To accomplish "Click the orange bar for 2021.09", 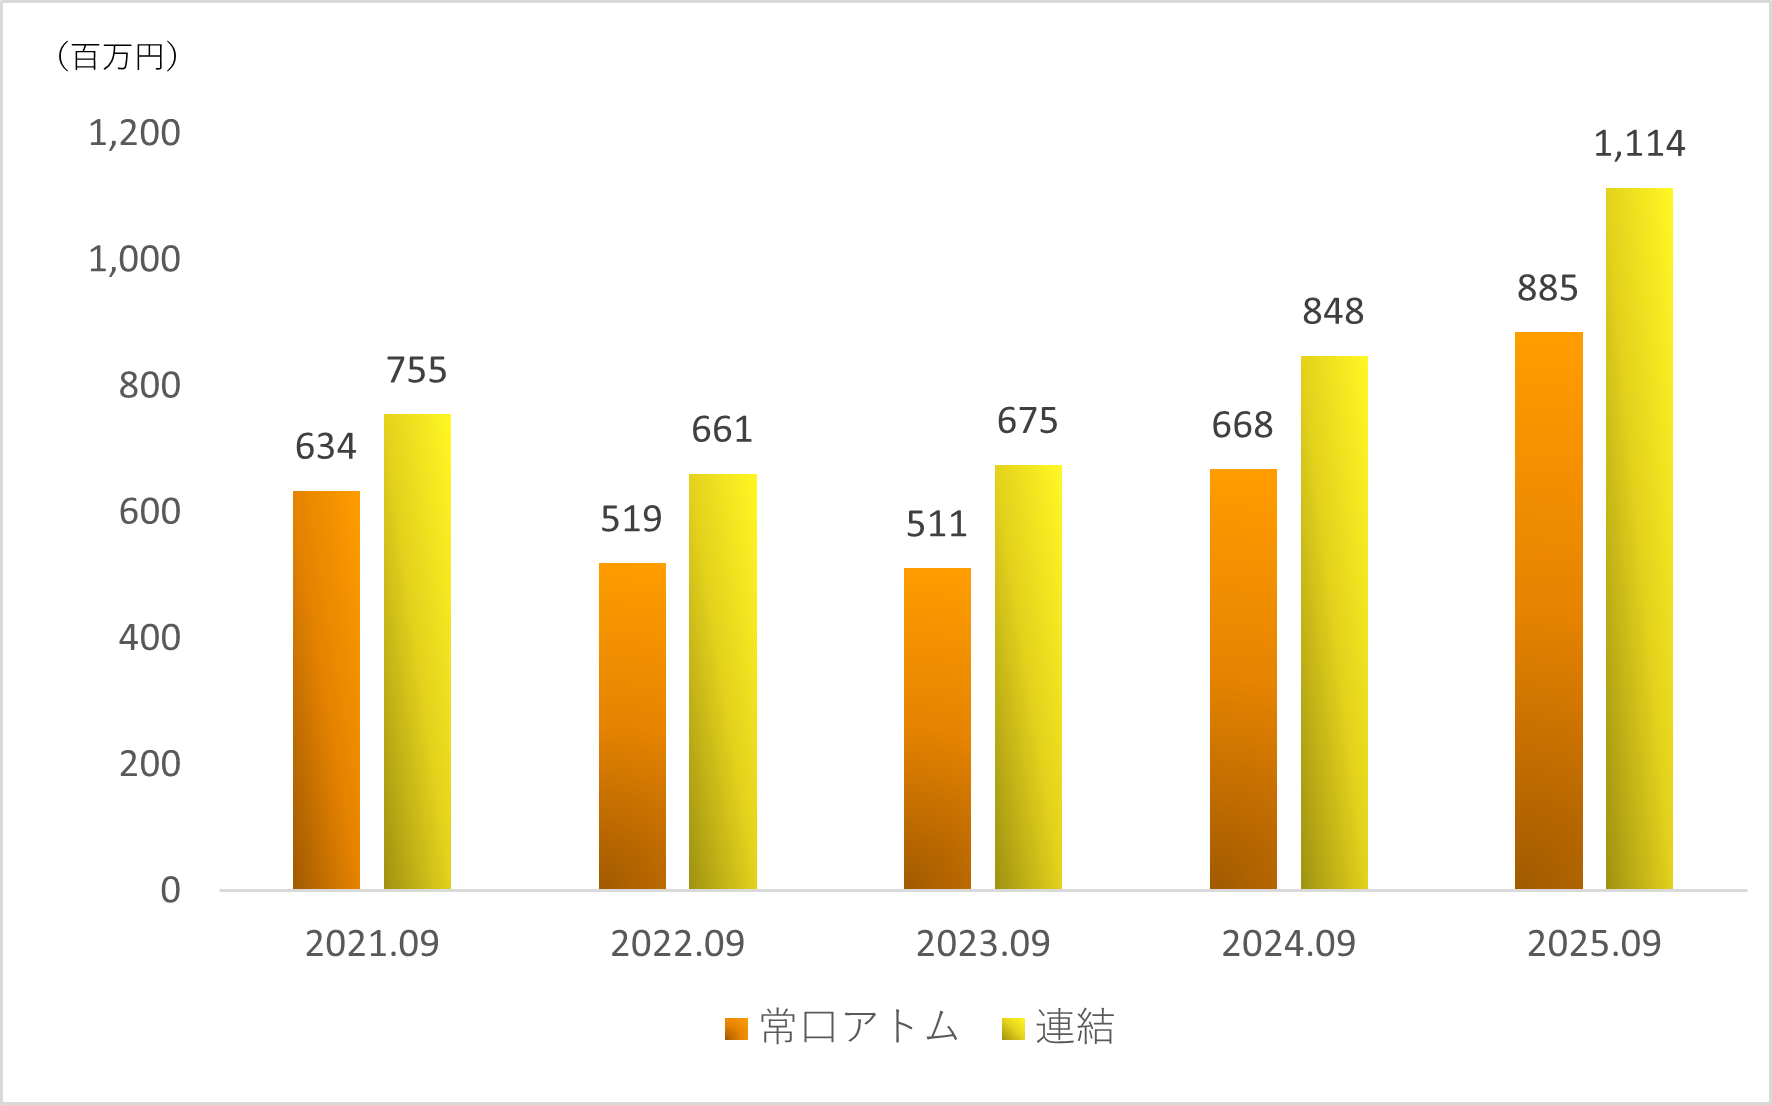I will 326,690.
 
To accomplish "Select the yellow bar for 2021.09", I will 417,652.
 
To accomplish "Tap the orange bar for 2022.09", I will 632,726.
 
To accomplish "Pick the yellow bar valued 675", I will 1028,677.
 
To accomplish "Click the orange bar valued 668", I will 1243,679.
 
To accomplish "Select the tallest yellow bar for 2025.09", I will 1639,538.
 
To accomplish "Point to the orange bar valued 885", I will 1548,610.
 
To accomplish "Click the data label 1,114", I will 1639,144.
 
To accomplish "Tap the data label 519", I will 631,519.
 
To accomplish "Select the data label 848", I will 1333,312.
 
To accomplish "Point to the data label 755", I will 417,370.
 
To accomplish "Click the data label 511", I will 937,524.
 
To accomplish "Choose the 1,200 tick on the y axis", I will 134,133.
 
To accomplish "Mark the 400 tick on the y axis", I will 150,637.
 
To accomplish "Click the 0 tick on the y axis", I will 171,890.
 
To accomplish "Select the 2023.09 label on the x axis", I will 983,943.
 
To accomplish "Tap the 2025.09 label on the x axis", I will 1594,943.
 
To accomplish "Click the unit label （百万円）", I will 117,57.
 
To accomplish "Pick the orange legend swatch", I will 736,1029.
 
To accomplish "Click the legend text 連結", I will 1075,1027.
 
